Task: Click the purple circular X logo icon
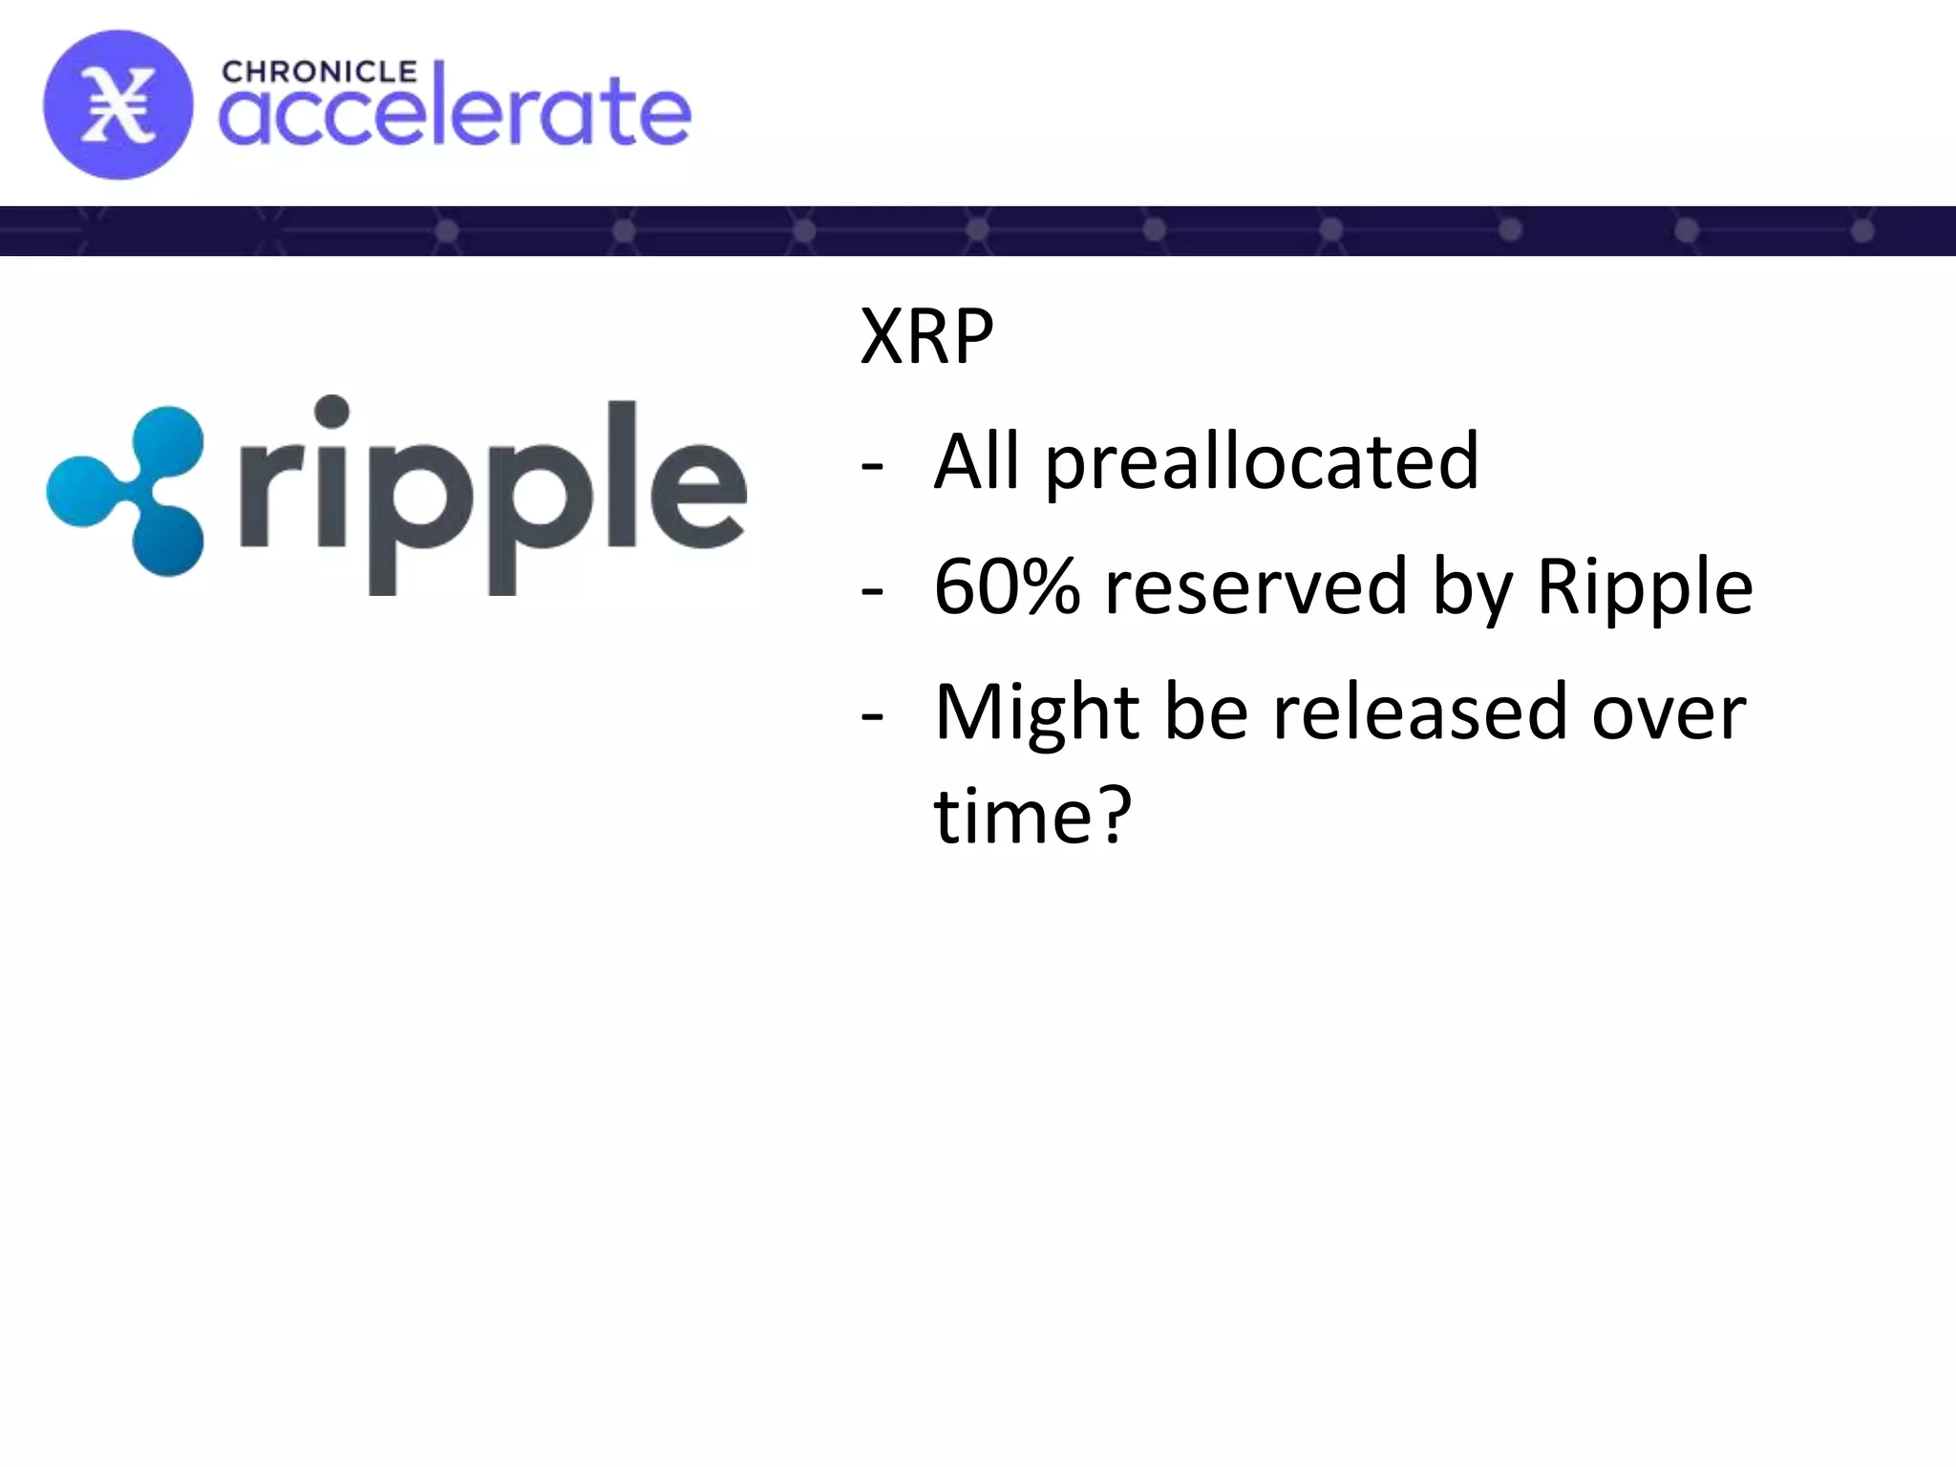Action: click(117, 105)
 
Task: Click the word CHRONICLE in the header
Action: click(319, 73)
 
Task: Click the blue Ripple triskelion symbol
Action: click(129, 490)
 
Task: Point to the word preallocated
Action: click(1262, 462)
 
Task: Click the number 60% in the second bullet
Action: click(1007, 586)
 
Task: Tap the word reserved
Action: click(1256, 586)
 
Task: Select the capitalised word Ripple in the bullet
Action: click(1645, 588)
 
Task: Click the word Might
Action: click(1036, 714)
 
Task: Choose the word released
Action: click(1420, 712)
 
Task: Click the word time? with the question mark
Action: click(1032, 818)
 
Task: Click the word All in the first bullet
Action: click(976, 462)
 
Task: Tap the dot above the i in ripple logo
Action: click(331, 412)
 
